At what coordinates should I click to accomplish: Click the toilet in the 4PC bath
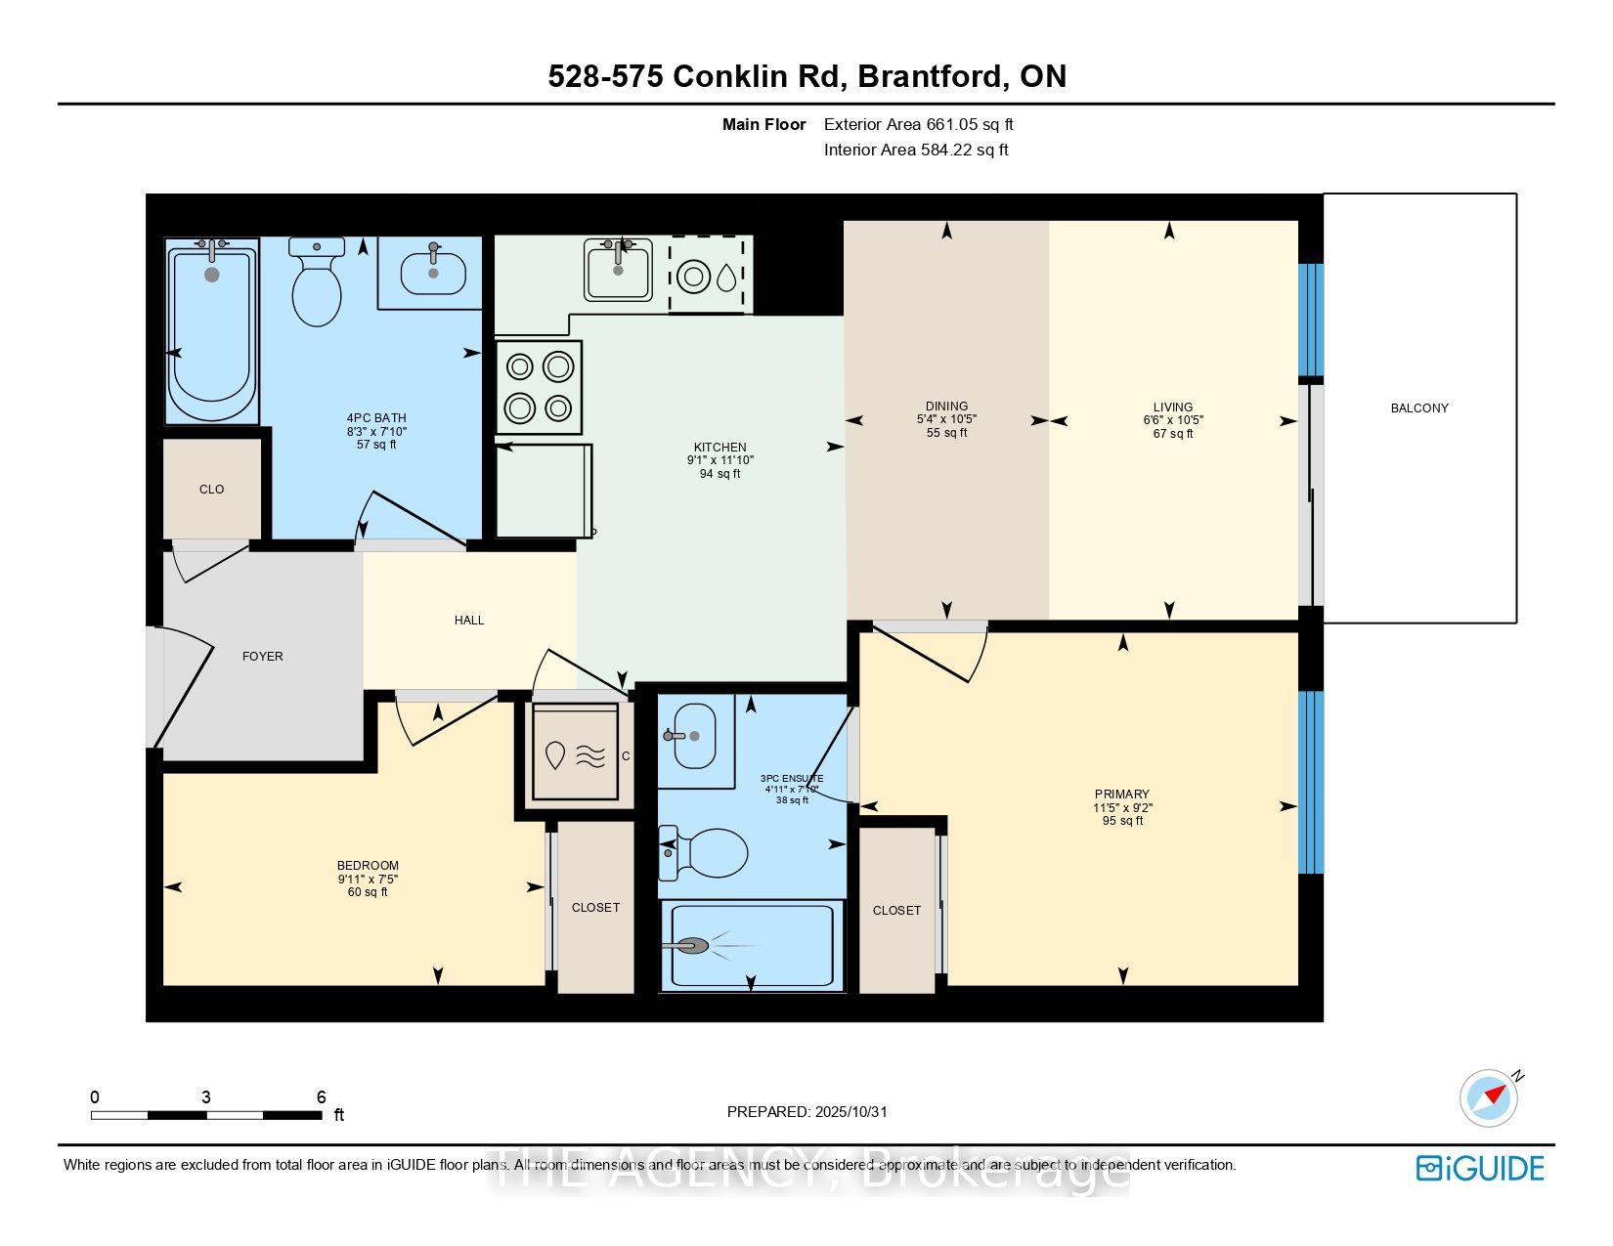[316, 285]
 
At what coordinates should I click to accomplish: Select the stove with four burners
[538, 386]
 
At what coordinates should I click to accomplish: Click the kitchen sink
[619, 270]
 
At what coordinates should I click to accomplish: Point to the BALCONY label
[1418, 408]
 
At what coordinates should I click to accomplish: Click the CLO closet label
[211, 489]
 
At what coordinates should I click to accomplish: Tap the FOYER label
[262, 657]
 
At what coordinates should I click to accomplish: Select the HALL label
[469, 621]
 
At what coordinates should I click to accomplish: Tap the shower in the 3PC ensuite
[751, 945]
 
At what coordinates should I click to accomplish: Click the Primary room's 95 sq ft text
[1122, 821]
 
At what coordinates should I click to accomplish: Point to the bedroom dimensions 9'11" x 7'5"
[368, 879]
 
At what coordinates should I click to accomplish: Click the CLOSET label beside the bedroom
[595, 908]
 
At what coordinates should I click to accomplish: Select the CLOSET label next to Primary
[896, 911]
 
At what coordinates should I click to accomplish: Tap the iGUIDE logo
[1480, 1168]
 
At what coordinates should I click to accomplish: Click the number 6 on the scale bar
[321, 1097]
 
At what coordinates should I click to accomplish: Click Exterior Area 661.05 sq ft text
[918, 124]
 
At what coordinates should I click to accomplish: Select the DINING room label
[946, 407]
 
